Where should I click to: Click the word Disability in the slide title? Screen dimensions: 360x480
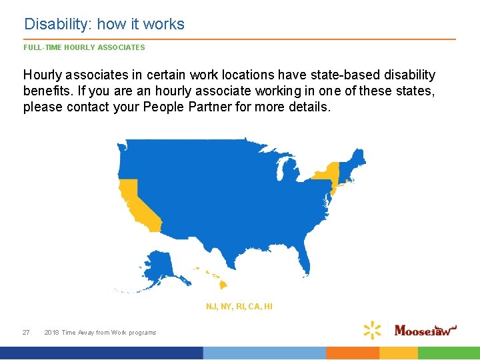click(x=58, y=25)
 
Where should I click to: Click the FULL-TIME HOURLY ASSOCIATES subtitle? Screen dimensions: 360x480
click(x=84, y=47)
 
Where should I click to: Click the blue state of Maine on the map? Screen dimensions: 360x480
click(x=359, y=157)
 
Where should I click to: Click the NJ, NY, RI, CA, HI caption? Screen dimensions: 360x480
click(x=239, y=307)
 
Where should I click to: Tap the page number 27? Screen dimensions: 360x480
click(x=26, y=332)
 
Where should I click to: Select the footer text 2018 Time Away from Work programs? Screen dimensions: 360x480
click(x=100, y=332)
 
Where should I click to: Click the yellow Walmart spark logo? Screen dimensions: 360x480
click(x=372, y=329)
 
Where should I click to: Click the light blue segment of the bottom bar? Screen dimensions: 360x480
click(x=264, y=353)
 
